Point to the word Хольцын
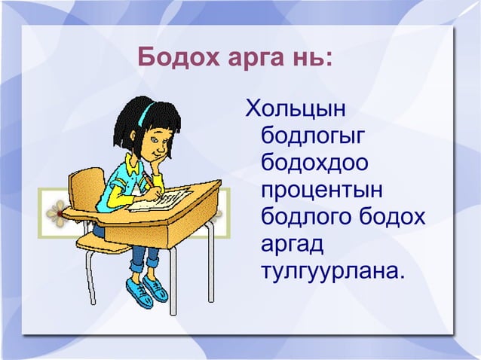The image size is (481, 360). point(296,110)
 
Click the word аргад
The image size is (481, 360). point(290,243)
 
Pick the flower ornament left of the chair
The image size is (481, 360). point(57,214)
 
